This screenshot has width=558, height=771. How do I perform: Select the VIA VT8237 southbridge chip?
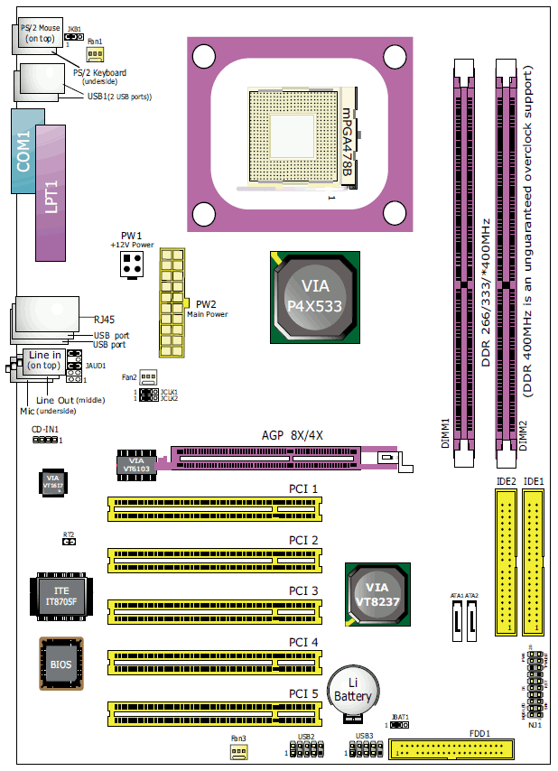(x=378, y=593)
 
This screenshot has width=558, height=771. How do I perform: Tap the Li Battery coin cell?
(x=352, y=691)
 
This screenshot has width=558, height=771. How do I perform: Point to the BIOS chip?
(x=61, y=664)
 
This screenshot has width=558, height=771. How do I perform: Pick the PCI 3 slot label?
(x=303, y=590)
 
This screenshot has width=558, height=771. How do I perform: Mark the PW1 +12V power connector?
(x=132, y=266)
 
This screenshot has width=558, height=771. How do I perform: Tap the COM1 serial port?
(x=25, y=150)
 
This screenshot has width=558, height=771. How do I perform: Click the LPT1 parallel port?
(x=51, y=195)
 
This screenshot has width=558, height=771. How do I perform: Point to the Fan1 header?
(x=95, y=53)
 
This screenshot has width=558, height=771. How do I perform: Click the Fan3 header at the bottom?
(x=238, y=751)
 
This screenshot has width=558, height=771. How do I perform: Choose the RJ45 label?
(x=106, y=319)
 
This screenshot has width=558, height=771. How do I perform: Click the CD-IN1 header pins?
(x=42, y=440)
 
